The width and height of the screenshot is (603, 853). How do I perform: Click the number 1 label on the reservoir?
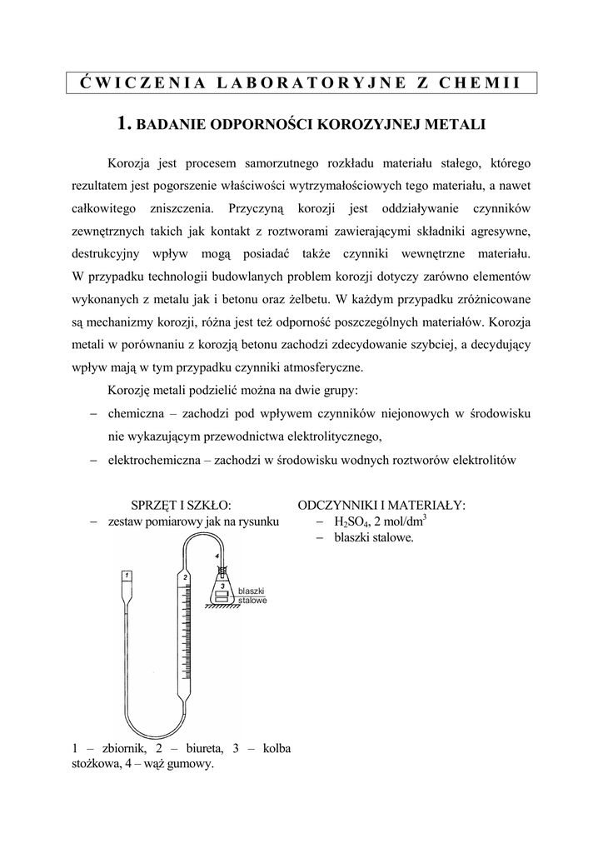pos(126,575)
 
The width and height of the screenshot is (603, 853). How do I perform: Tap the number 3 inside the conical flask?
pos(222,585)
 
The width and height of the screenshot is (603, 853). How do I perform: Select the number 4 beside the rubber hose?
pos(217,555)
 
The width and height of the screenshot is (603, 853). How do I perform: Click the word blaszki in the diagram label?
pos(251,591)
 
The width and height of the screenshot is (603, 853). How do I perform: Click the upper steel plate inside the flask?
pos(222,594)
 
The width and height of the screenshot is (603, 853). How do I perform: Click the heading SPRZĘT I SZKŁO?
pos(181,505)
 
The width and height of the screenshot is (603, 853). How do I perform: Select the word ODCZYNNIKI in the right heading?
pos(336,505)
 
